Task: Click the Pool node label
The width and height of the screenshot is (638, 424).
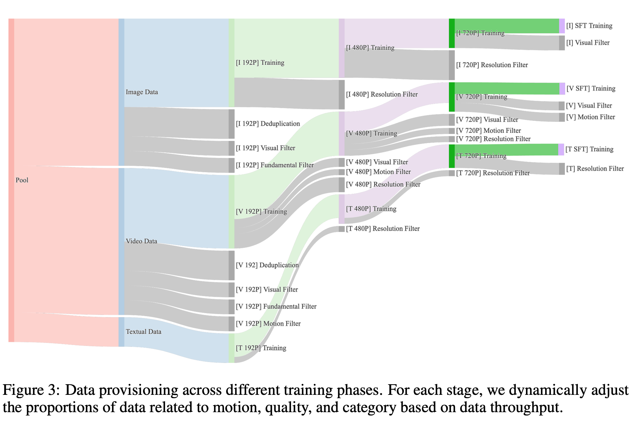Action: (22, 180)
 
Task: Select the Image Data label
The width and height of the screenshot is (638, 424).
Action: (142, 92)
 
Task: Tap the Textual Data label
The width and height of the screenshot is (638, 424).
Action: (143, 332)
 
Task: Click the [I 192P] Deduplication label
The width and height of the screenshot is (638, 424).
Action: (268, 124)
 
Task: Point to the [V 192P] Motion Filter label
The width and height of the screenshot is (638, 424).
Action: (268, 323)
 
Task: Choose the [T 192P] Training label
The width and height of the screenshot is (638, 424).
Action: (261, 348)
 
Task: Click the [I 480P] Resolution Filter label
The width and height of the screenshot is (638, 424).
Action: (382, 94)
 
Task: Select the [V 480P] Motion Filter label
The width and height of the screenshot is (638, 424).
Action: (378, 172)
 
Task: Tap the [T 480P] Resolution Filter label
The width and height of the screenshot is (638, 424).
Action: (382, 229)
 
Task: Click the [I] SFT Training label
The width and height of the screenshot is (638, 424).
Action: (589, 26)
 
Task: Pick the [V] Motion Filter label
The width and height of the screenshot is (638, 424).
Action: (590, 117)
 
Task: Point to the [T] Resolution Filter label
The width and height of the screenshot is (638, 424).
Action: (595, 169)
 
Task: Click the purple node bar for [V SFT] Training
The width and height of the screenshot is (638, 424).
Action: (562, 89)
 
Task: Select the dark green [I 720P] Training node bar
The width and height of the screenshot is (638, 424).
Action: (452, 33)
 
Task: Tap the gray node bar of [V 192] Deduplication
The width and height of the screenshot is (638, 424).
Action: (232, 265)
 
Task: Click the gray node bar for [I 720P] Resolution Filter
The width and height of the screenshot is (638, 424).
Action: (452, 65)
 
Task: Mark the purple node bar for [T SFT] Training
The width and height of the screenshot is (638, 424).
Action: (561, 150)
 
